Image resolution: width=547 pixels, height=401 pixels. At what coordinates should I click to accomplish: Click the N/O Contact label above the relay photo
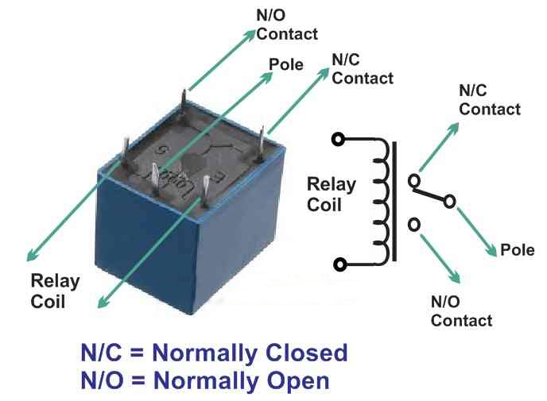(x=287, y=25)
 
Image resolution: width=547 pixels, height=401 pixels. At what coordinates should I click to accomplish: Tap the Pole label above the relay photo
(x=286, y=64)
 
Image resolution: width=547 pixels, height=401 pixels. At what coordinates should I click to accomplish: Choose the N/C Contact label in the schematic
(x=490, y=100)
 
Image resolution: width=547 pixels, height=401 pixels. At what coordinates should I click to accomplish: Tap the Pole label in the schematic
(x=518, y=251)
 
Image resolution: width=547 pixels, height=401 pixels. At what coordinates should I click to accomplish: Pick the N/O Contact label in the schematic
(x=461, y=311)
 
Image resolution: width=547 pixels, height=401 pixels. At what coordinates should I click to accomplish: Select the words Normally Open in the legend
(x=241, y=381)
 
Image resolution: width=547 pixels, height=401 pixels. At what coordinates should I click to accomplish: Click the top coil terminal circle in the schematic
(x=339, y=140)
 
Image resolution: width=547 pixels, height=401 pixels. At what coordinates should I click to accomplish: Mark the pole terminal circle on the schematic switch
(x=450, y=202)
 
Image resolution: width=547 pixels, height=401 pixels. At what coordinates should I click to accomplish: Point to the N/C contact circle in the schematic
(x=413, y=182)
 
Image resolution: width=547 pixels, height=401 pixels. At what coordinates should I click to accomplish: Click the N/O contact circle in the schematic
(x=413, y=226)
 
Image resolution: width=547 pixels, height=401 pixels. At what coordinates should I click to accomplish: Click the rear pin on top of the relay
(x=185, y=105)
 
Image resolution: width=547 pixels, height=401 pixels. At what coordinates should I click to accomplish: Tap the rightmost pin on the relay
(x=263, y=146)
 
